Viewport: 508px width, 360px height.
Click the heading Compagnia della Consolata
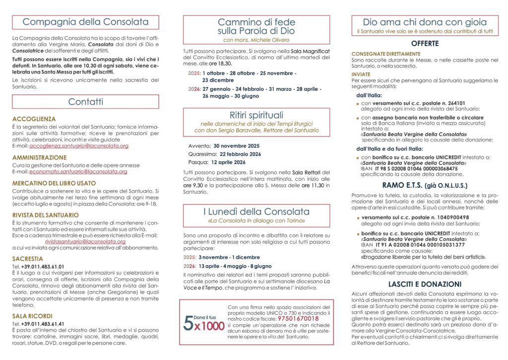(x=85, y=22)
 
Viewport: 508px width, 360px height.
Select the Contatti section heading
(x=85, y=102)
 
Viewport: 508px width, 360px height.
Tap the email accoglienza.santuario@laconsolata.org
(x=79, y=146)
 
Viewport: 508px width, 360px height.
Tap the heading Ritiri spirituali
(x=256, y=115)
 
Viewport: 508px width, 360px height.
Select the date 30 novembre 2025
(x=237, y=145)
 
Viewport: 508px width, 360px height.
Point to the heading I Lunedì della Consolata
(x=256, y=212)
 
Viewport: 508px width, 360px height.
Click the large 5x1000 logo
(x=201, y=323)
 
